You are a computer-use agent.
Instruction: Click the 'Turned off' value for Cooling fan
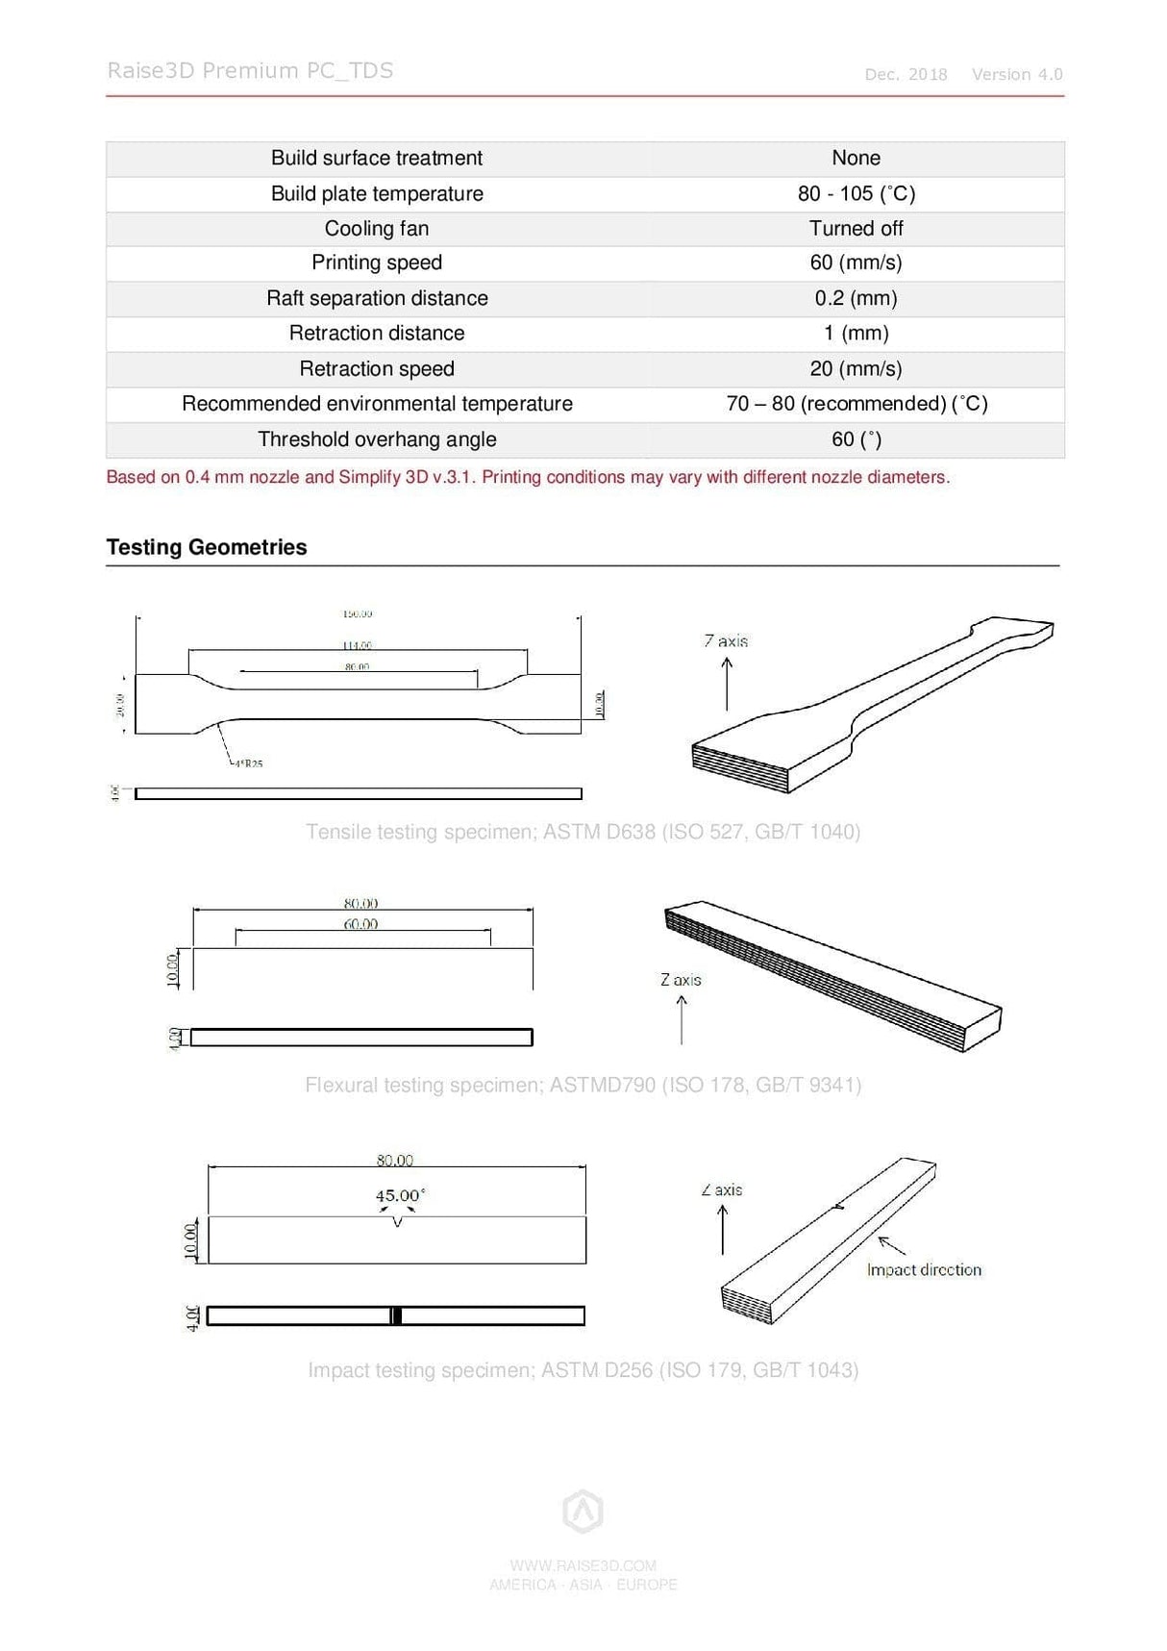coord(856,229)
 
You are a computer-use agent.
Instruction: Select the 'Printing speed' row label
coord(377,263)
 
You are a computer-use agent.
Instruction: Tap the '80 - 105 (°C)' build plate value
coord(856,193)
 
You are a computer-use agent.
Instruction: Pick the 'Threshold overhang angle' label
coord(377,439)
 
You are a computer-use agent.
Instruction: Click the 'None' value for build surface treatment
coord(856,158)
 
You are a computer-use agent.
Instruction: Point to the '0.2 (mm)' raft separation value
coord(856,298)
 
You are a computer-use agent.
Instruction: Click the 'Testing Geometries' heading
coord(207,547)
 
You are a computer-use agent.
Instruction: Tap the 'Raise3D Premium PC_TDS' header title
coord(250,71)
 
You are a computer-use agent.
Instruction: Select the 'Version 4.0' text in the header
coord(1017,75)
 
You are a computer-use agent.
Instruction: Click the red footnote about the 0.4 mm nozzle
coord(528,477)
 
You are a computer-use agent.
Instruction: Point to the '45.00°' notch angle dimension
coord(399,1195)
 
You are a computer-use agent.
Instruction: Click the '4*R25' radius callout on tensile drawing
coord(247,763)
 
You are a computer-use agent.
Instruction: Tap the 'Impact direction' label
coord(924,1270)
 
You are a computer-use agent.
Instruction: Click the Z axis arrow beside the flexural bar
coord(682,1020)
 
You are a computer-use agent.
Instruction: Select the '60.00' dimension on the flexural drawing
coord(360,924)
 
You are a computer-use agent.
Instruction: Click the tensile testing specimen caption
coord(583,832)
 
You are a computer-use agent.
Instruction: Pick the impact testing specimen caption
coord(583,1370)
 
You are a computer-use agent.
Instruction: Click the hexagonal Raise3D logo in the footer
coord(583,1512)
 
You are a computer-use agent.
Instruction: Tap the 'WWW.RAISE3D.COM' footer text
coord(583,1565)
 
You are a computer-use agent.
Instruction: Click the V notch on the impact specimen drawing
coord(397,1222)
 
